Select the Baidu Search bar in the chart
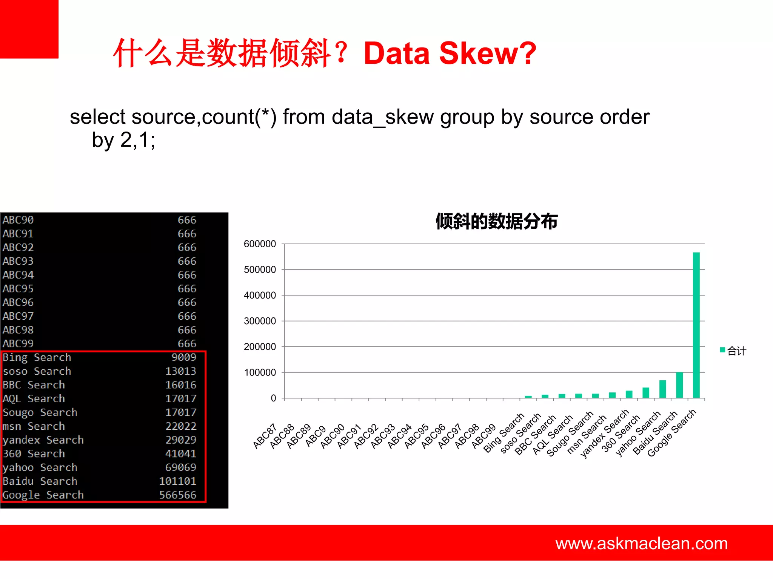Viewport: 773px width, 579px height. click(x=679, y=385)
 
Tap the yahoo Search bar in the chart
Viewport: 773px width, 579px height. click(x=662, y=389)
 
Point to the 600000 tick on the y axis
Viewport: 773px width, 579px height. click(x=260, y=244)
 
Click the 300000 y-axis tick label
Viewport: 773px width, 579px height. click(x=260, y=321)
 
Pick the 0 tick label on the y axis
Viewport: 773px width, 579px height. click(x=273, y=398)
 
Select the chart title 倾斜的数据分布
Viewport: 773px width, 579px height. click(x=496, y=221)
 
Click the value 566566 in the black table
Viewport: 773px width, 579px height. click(x=177, y=495)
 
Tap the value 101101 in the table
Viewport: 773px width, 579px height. click(x=177, y=481)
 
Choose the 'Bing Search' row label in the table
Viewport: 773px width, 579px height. click(x=37, y=357)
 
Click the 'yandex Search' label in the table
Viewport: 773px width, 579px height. click(x=43, y=440)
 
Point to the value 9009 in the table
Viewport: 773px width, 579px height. click(x=183, y=357)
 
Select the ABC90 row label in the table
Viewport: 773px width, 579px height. click(x=18, y=220)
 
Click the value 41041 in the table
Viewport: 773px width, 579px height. click(x=180, y=453)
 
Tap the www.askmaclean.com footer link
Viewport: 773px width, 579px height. click(x=641, y=544)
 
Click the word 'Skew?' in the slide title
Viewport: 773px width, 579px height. click(x=487, y=53)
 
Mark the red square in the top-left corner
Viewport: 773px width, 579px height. click(x=29, y=29)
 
